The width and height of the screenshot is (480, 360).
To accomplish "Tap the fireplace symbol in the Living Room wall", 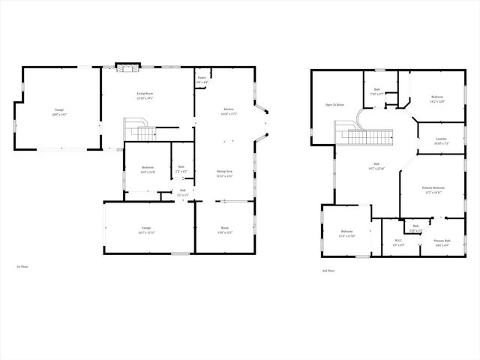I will click(x=124, y=67).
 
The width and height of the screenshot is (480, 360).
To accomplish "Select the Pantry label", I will click(x=202, y=79).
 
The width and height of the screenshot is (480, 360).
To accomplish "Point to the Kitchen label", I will click(x=228, y=111).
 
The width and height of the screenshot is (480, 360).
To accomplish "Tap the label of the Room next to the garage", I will click(x=224, y=229).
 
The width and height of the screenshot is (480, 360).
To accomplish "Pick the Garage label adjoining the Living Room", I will click(x=58, y=112).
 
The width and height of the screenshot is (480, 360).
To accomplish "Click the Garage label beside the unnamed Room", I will click(x=146, y=229).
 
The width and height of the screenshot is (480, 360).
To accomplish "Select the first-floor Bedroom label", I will click(x=148, y=169).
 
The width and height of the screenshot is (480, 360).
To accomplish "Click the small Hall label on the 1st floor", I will click(x=182, y=192).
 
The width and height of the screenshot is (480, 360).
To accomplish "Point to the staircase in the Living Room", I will click(x=139, y=130).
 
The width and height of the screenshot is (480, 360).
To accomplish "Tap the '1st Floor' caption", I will click(x=22, y=266).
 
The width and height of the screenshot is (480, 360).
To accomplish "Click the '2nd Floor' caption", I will click(x=328, y=270).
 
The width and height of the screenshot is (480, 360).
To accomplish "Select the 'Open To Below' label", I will click(x=334, y=105).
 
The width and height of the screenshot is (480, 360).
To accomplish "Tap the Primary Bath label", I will click(x=442, y=242).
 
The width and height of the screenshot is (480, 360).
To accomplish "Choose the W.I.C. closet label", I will click(x=399, y=242).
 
